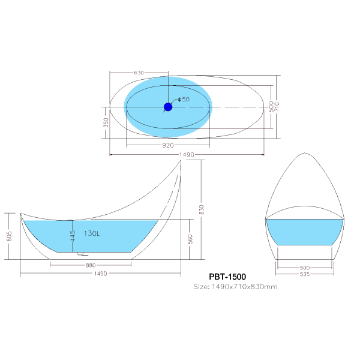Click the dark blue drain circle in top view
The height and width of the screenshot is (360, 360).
coord(168,107)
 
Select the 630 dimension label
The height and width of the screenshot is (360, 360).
coord(139,73)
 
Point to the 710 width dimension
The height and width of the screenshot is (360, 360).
coord(279,107)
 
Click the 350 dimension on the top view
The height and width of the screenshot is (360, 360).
coord(106,122)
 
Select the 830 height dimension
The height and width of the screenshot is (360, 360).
coord(202,209)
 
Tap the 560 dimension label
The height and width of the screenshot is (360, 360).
coord(190,239)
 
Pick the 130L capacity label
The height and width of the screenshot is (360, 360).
coord(92,234)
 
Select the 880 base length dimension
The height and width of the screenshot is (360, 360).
coord(91,265)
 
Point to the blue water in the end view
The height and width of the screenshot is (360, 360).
coord(305,232)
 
